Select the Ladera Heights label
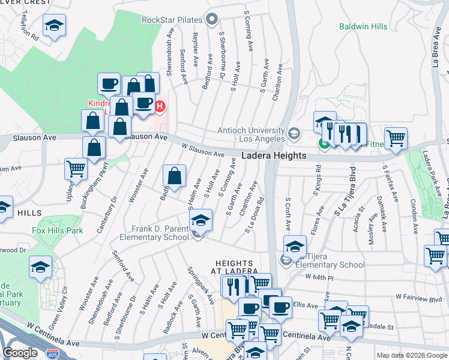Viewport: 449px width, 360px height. [x=274, y=155]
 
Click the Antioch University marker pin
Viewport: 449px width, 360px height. [x=294, y=133]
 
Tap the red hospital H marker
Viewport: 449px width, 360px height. [x=160, y=107]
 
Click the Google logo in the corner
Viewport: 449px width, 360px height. [x=20, y=352]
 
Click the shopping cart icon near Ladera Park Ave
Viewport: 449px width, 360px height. [x=396, y=138]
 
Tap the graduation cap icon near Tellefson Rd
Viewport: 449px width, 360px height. [x=54, y=25]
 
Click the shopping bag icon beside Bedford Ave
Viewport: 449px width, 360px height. [x=174, y=176]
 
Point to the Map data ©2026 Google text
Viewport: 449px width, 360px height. [x=411, y=355]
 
